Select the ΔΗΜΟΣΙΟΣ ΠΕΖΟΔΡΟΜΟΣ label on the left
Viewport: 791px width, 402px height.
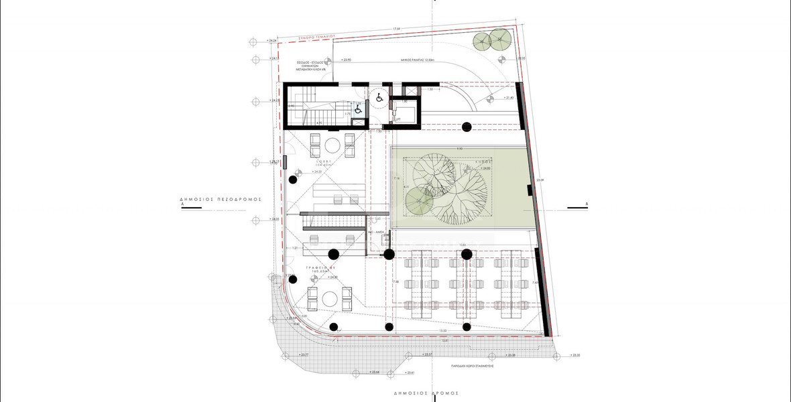pos(219,200)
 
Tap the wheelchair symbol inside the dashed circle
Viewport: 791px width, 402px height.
pos(379,98)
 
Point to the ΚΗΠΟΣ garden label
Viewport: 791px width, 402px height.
pos(484,162)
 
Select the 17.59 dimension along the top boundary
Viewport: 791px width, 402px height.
pos(398,29)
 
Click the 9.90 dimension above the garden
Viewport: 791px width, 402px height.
pos(461,147)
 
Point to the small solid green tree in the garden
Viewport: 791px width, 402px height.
pos(418,201)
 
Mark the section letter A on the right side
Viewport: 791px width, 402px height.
pos(587,203)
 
